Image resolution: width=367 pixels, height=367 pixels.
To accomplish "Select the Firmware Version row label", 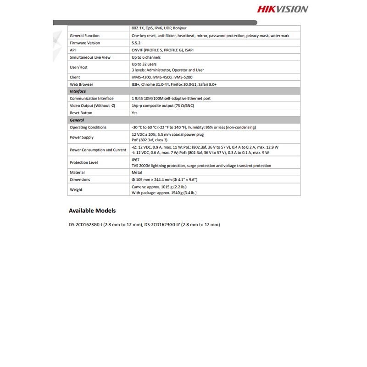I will tap(84, 43).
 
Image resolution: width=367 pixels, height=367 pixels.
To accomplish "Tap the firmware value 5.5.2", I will tap(136, 43).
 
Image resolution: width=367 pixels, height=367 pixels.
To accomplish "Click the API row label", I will tap(72, 50).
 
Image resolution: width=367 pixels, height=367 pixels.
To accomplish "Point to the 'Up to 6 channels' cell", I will tap(146, 57).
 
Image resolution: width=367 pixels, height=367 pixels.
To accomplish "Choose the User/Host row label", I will tap(78, 67).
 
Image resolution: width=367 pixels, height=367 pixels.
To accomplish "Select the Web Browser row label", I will tap(81, 84).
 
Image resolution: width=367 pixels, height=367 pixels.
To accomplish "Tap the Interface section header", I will tap(78, 91).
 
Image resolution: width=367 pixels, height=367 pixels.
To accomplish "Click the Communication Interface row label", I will tap(91, 98).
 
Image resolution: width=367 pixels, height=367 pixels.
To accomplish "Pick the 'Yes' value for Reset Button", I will tap(134, 113).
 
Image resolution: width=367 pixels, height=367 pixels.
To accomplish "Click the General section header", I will tap(77, 120).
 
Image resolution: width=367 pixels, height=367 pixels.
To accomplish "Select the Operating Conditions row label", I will tap(88, 127).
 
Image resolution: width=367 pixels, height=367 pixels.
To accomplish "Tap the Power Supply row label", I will tap(81, 137).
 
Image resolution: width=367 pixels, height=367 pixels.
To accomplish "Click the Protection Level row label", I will tap(83, 162).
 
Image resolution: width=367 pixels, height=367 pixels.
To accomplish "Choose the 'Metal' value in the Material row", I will tap(136, 172).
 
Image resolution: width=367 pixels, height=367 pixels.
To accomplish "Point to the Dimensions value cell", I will tap(165, 180).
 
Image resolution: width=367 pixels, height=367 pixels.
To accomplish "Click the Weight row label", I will tap(76, 189).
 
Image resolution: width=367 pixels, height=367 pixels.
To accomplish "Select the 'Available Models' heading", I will tap(92, 211).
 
